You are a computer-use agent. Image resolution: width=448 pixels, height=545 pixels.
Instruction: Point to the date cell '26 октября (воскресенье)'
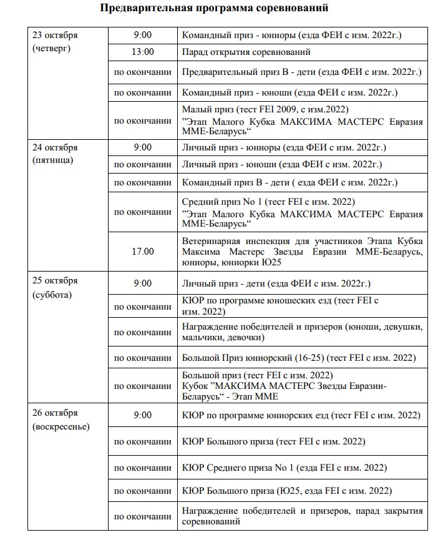click(x=61, y=420)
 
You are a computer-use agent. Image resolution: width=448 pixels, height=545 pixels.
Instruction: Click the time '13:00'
click(x=142, y=52)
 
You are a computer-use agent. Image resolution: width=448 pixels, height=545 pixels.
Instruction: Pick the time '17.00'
click(x=142, y=252)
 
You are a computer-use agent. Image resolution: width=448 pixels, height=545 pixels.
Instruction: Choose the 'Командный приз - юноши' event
click(x=290, y=92)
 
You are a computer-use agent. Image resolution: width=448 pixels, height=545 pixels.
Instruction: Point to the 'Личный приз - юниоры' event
click(x=284, y=147)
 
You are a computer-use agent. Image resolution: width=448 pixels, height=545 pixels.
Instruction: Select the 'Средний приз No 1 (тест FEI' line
click(x=268, y=202)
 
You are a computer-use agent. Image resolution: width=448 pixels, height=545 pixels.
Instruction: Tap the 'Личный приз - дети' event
click(x=276, y=283)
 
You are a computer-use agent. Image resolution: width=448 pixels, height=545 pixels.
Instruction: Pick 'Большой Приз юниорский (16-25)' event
click(x=298, y=358)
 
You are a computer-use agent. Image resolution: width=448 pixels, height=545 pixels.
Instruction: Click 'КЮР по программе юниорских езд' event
click(x=300, y=415)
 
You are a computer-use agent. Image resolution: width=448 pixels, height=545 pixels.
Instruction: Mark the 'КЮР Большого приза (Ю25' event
click(x=287, y=490)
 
